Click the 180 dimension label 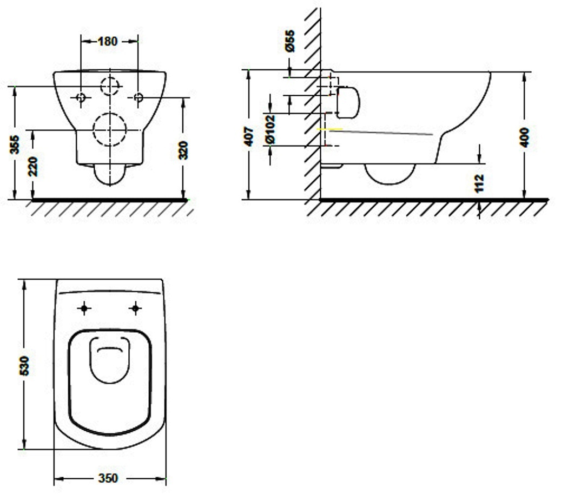coord(107,42)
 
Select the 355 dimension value coord(15,144)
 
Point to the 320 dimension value coord(183,150)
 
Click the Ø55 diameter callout coord(290,41)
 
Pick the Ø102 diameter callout coord(270,129)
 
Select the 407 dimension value coord(249,136)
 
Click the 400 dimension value coord(525,137)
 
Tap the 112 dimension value coord(479,183)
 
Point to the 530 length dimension coord(24,366)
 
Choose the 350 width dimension coord(108,478)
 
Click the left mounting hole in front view coord(81,97)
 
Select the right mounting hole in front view coord(138,97)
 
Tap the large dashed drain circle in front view coord(110,113)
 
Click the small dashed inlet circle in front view coord(110,77)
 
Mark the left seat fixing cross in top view coord(84,308)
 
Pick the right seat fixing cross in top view coord(135,308)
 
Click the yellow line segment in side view coord(330,129)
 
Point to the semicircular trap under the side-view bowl coord(390,184)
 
